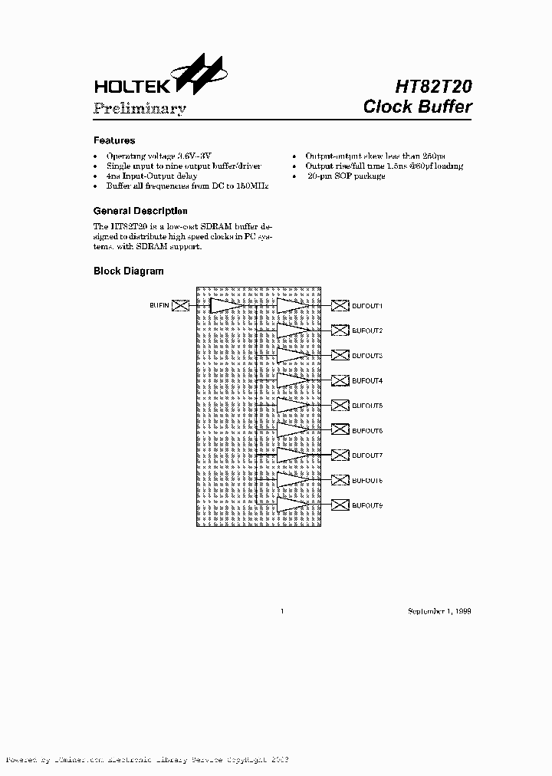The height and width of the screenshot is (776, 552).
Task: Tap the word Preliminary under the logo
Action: click(139, 108)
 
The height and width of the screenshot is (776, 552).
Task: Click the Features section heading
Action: click(114, 140)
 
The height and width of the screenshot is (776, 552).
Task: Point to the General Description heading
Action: click(140, 211)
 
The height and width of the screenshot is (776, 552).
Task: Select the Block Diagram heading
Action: click(128, 271)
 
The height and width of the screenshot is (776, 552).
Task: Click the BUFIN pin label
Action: click(159, 306)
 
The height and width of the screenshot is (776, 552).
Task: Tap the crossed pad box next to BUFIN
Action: click(180, 306)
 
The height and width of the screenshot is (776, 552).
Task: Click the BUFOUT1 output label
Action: click(367, 306)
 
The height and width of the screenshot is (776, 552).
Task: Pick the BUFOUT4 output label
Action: click(367, 381)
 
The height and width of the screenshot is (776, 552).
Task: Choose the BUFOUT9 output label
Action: click(367, 505)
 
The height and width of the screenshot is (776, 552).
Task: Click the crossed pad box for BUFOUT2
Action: click(340, 330)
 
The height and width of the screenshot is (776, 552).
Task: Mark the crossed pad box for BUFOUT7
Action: click(340, 455)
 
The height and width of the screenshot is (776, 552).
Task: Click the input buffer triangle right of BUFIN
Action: click(226, 306)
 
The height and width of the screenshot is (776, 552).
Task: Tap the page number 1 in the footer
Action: click(283, 611)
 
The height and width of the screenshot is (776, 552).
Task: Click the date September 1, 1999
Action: click(439, 611)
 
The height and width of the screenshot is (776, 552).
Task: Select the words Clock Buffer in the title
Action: click(417, 107)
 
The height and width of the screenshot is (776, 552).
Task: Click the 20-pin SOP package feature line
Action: click(346, 176)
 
